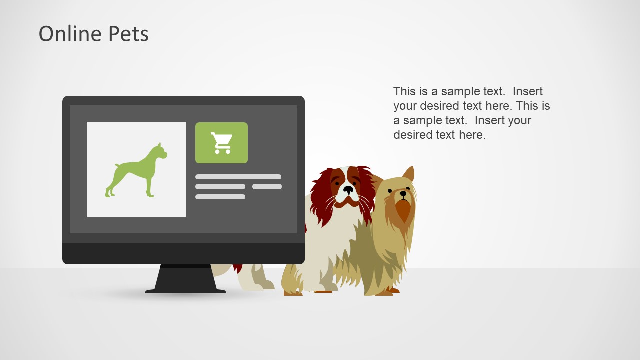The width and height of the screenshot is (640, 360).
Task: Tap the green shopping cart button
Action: coord(221,143)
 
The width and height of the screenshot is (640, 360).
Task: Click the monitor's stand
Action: coord(185,279)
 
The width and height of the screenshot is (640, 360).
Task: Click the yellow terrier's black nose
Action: coord(403,193)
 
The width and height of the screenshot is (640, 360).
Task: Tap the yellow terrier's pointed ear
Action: coord(409,175)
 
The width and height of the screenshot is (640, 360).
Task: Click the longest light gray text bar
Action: coord(238,177)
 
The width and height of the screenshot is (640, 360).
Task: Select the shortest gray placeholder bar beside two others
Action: coord(267,187)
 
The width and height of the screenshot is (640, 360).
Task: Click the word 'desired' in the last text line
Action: coord(414,135)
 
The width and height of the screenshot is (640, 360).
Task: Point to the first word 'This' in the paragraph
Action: coord(404,91)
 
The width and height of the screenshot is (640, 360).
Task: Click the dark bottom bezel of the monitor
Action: coord(183,253)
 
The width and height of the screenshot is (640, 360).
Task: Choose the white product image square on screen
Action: coord(136,169)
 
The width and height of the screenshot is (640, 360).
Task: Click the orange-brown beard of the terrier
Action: coord(403,210)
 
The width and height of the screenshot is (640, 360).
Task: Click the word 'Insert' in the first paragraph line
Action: coord(527,91)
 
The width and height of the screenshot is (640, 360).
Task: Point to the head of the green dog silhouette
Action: coord(160,150)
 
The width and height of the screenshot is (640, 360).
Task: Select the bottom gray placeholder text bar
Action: coord(220,197)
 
